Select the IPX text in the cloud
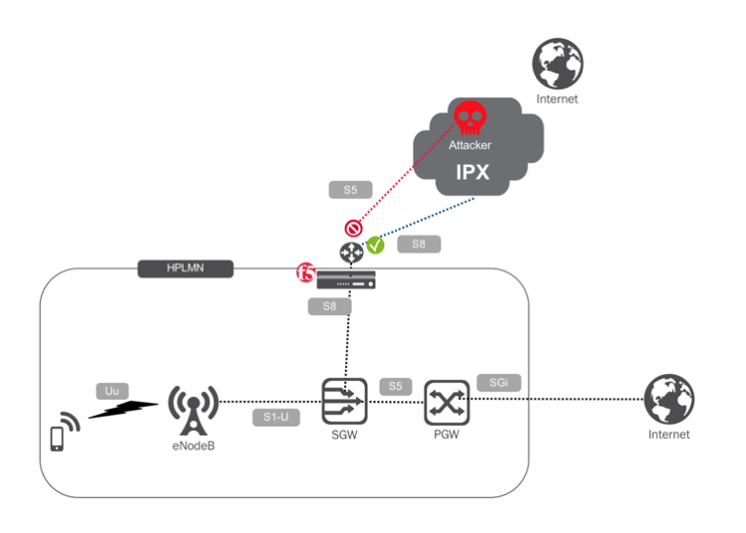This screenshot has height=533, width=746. coord(471,170)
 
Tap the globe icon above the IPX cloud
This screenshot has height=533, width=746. coord(556,65)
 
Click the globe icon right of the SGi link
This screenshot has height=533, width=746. coord(667,400)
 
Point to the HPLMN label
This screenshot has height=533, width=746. coord(184,267)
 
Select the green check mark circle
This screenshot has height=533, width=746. coord(375,244)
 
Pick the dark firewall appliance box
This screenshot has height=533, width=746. coord(345,280)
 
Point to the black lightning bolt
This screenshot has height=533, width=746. coord(123,409)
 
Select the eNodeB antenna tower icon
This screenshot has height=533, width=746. coord(190,409)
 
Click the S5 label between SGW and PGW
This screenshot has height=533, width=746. coord(395,385)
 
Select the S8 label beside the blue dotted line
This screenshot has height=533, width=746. coord(418,243)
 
